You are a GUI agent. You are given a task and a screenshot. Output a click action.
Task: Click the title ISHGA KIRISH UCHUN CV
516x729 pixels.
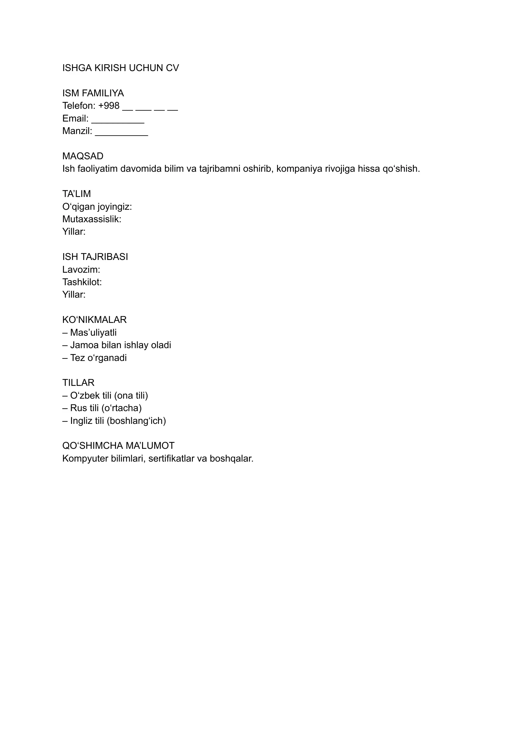120,68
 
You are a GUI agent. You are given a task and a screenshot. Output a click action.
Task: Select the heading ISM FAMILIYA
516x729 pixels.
93,93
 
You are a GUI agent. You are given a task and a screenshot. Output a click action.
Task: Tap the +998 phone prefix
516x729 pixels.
109,106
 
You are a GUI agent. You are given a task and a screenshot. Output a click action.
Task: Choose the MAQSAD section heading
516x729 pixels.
83,156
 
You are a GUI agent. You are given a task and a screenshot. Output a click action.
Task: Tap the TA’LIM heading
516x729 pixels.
77,194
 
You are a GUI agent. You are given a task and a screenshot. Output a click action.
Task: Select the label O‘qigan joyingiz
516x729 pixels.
97,207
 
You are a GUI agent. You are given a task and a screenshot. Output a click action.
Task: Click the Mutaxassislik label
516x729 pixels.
92,219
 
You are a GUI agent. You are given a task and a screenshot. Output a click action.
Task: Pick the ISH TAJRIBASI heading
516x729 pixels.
95,257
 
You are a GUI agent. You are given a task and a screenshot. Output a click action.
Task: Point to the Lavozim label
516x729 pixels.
81,270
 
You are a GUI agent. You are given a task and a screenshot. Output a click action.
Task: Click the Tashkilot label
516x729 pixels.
82,282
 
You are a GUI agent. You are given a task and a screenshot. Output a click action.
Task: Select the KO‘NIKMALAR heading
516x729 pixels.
94,320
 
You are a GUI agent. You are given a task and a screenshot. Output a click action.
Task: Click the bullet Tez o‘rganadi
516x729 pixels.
98,358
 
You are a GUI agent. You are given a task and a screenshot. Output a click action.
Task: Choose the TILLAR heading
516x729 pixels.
78,383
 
